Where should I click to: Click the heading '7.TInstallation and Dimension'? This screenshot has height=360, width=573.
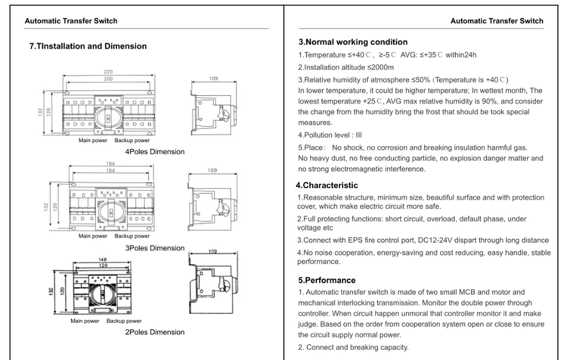pos(88,46)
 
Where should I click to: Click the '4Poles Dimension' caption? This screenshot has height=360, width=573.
pos(155,152)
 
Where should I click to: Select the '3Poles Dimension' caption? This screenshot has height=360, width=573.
pos(155,248)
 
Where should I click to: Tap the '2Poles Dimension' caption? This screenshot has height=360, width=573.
pos(155,332)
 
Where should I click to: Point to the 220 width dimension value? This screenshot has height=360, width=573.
pos(108,72)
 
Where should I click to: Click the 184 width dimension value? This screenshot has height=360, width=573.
pos(110,165)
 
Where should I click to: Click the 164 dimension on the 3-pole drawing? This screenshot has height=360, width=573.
pos(110,170)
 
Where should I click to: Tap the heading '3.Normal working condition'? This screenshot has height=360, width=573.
pos(353,42)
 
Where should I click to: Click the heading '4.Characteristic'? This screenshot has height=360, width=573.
pos(327,185)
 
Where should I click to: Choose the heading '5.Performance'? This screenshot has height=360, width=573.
pos(327,280)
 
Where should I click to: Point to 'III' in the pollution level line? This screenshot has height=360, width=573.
pos(359,135)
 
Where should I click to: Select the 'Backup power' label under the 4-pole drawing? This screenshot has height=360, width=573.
pos(132,140)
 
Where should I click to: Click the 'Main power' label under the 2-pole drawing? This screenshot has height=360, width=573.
pos(85,321)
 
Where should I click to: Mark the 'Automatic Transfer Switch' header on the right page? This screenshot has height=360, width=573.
pos(497,21)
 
